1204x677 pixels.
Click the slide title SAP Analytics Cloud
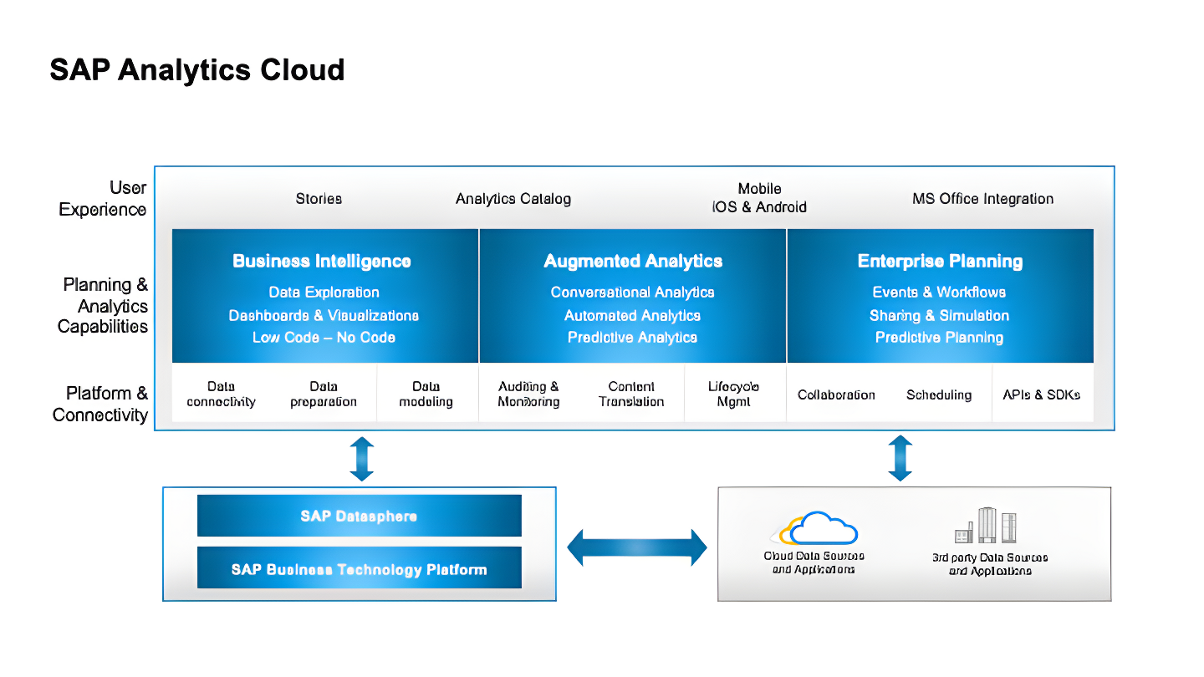click(x=196, y=69)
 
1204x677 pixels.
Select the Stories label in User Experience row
click(x=319, y=199)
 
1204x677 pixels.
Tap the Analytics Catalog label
click(x=513, y=199)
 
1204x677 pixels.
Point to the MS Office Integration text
click(x=982, y=199)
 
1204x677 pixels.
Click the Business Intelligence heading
click(x=322, y=262)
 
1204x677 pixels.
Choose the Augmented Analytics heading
click(x=633, y=262)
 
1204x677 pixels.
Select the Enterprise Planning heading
click(x=940, y=262)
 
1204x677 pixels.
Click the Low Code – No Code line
click(x=324, y=338)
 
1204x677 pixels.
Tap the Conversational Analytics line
click(x=632, y=293)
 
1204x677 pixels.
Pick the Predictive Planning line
click(x=939, y=338)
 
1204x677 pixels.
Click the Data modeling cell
click(x=426, y=394)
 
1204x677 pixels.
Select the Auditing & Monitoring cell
click(x=528, y=394)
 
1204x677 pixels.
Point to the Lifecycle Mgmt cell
click(x=733, y=394)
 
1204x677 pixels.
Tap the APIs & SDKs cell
click(x=1041, y=394)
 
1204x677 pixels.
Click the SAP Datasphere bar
click(x=359, y=516)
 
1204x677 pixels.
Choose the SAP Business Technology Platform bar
click(x=359, y=569)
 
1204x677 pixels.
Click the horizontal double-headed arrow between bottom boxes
click(x=637, y=547)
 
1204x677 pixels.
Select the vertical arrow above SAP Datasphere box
click(x=361, y=459)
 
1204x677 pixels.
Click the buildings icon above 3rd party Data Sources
click(x=987, y=526)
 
